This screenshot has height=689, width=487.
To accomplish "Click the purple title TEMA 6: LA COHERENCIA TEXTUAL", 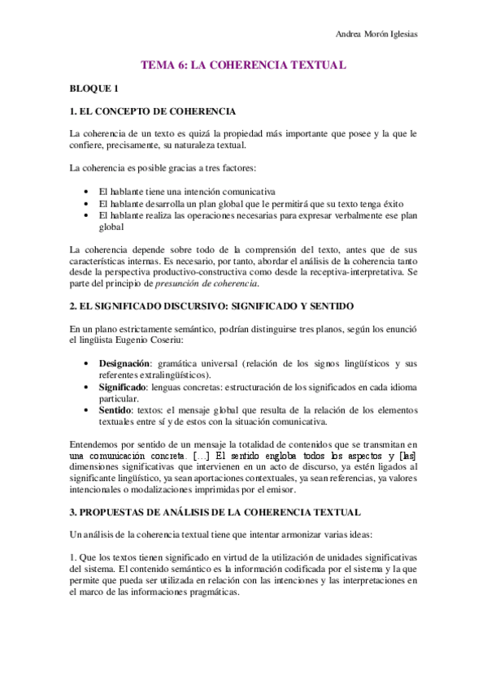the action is coord(244,63).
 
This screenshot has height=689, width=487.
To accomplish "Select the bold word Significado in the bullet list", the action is coord(124,387).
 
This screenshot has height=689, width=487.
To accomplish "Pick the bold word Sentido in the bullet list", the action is coord(117,410).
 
